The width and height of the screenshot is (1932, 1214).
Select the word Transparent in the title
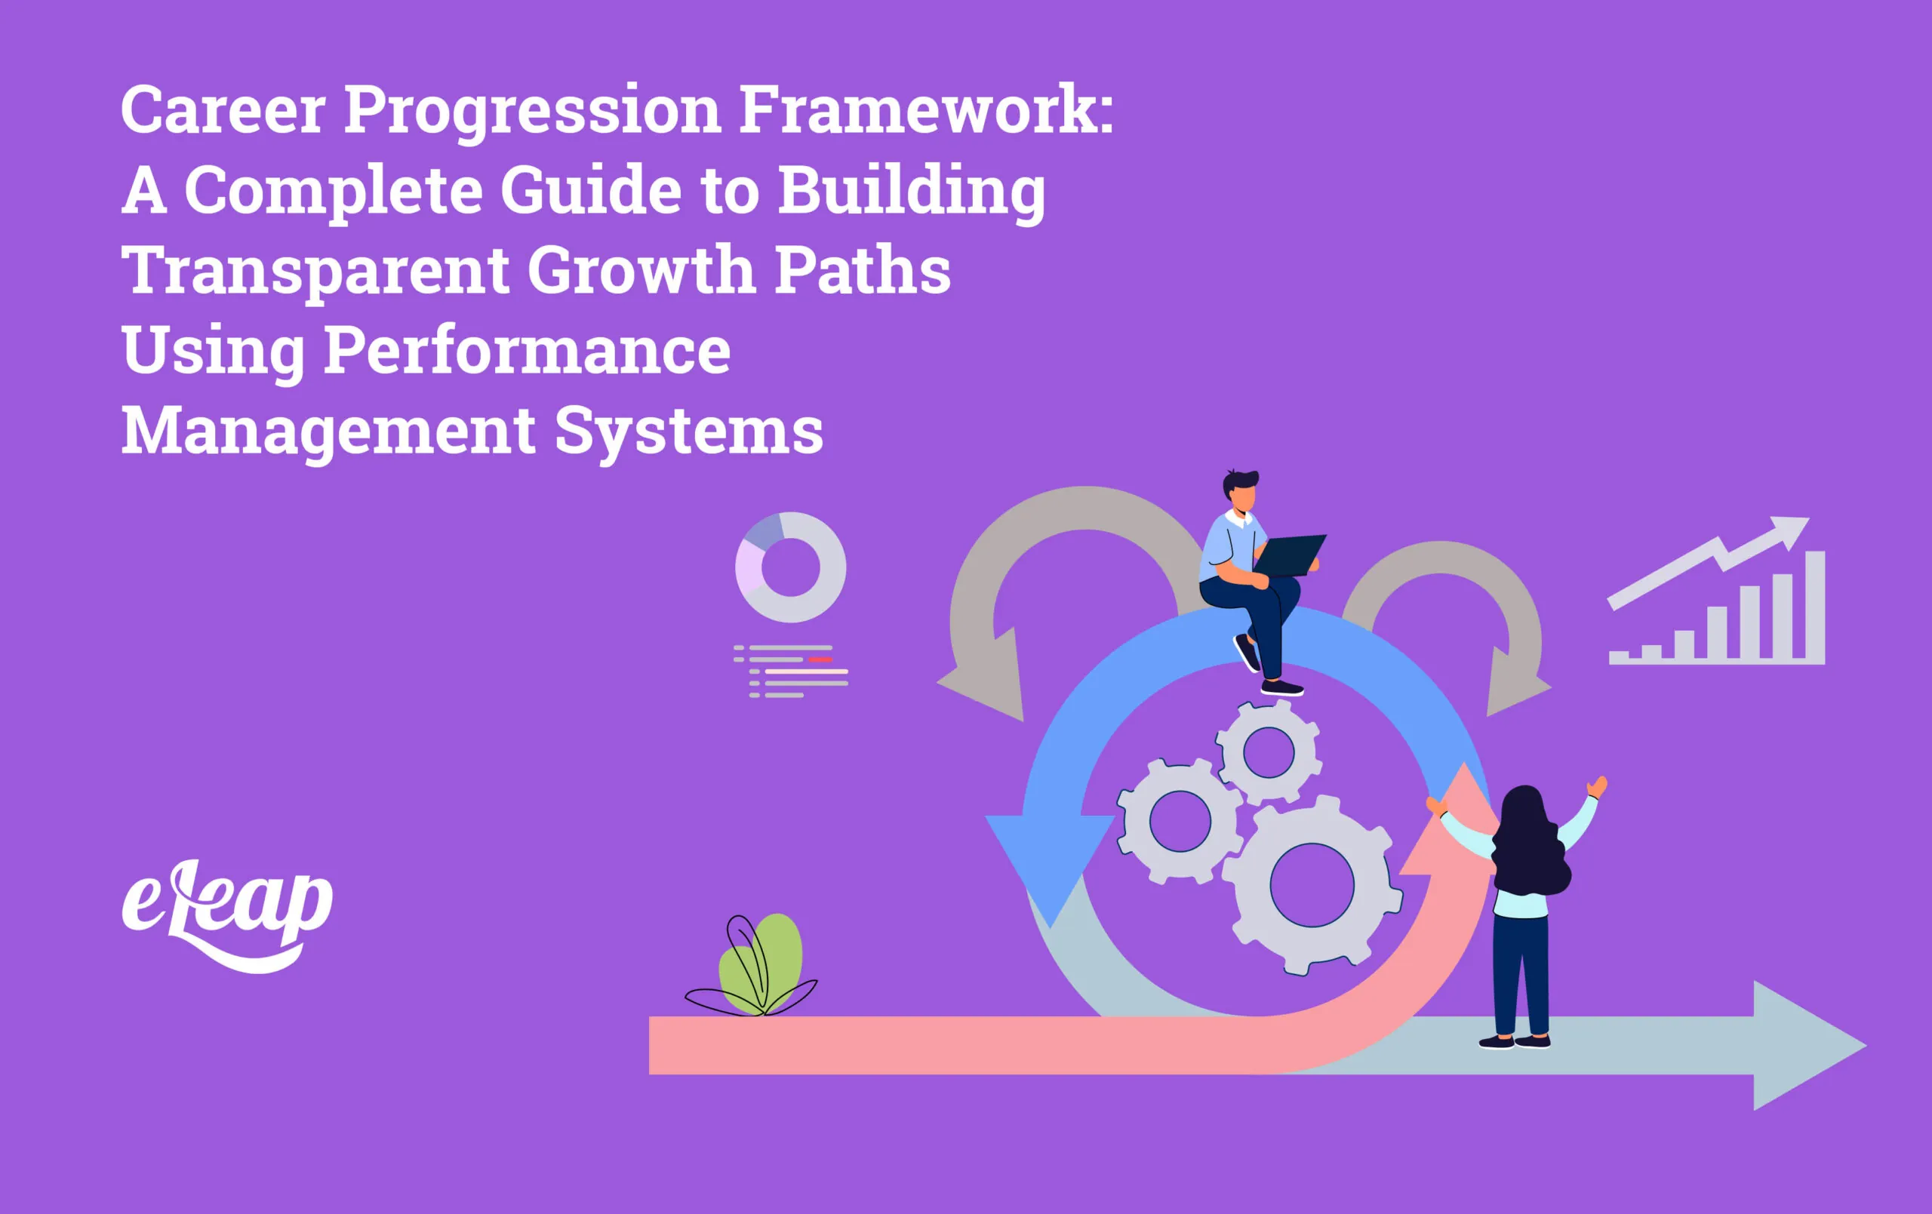coord(315,271)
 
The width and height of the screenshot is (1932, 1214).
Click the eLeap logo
coord(227,913)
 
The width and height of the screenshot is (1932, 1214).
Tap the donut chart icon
coord(790,567)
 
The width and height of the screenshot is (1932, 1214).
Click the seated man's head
coord(1241,492)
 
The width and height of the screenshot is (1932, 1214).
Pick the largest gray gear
coord(1311,886)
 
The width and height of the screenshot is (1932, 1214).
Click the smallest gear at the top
coord(1269,751)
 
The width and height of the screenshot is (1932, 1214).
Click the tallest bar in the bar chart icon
coord(1815,607)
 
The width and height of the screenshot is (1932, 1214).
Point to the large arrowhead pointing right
coord(1805,1045)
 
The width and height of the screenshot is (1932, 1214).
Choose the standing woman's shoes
coord(1515,1041)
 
